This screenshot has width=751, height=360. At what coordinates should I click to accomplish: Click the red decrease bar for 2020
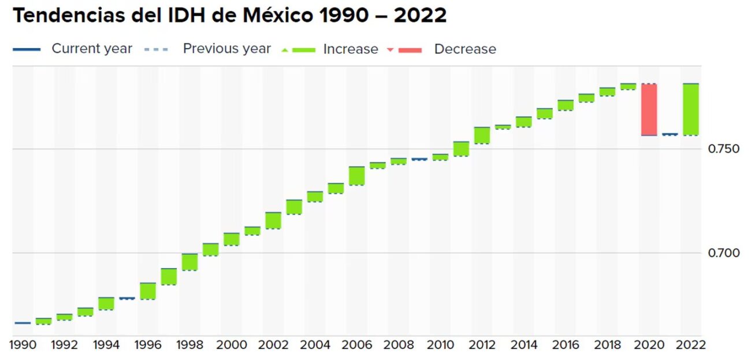coord(649,109)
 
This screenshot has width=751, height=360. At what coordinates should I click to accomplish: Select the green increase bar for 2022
coord(690,109)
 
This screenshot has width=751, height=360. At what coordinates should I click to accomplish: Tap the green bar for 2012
coord(482,135)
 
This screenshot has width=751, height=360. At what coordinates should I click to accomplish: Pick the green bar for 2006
coord(356,176)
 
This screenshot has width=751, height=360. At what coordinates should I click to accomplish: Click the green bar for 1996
coord(148,291)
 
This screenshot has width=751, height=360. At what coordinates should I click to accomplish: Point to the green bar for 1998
coord(189,262)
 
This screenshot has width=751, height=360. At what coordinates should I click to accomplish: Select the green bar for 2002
coord(273,220)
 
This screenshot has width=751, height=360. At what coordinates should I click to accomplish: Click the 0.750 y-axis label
coord(723,149)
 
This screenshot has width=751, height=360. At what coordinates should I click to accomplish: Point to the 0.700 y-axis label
coord(723,253)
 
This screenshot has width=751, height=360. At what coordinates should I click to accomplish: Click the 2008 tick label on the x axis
coord(399,345)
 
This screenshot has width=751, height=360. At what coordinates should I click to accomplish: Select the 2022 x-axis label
coord(690,345)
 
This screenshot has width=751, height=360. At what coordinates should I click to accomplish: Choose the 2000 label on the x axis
coord(232,345)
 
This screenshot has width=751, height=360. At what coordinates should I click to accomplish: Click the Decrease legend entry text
coord(465,49)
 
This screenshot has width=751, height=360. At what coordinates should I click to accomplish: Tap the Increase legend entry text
coord(351,49)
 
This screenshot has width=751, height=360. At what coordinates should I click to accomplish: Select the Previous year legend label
coord(226,49)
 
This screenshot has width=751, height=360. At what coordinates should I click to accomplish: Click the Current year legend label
coord(92,49)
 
